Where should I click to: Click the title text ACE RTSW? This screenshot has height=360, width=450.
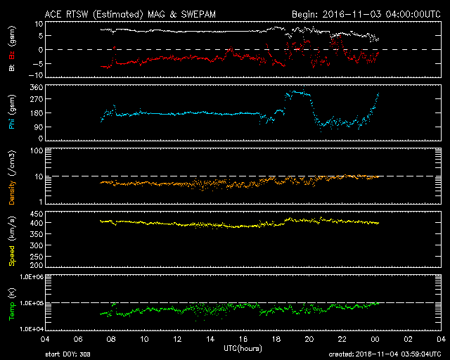64,14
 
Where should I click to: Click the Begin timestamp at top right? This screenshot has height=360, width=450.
365,14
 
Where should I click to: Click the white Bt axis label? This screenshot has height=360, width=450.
12,67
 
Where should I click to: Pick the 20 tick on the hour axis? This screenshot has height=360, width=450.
309,339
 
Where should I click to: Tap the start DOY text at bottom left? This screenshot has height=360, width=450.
67,354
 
